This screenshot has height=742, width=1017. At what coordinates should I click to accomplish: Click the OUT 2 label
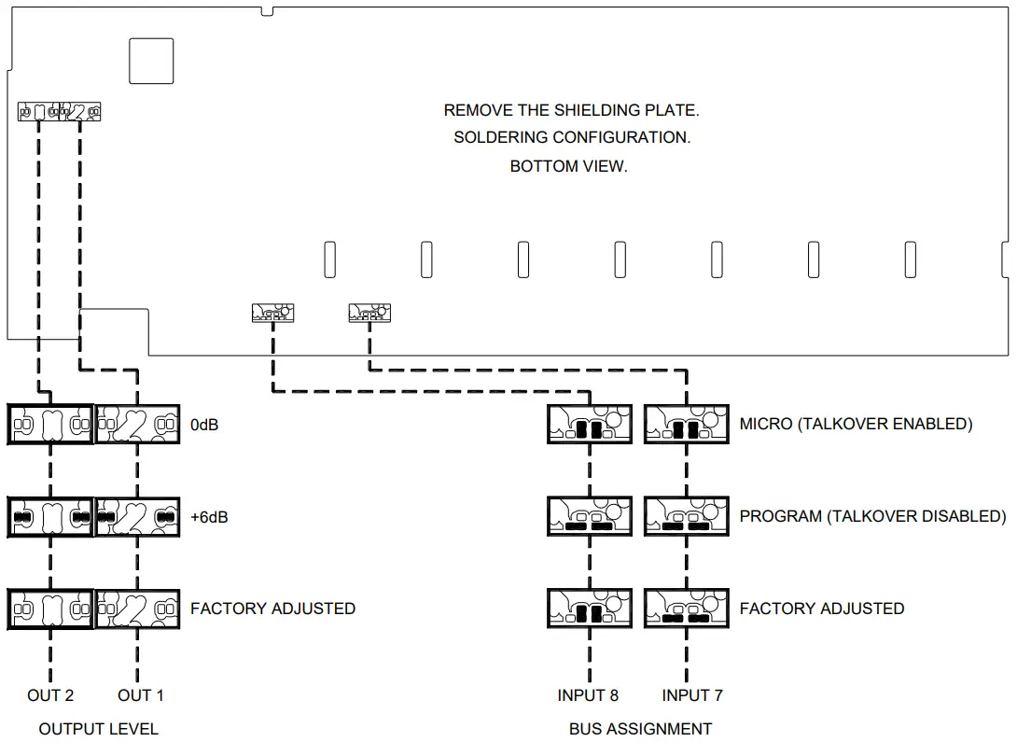(x=50, y=695)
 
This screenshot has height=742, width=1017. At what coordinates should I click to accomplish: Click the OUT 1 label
(x=140, y=695)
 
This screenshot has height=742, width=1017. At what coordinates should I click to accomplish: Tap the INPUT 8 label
(x=588, y=695)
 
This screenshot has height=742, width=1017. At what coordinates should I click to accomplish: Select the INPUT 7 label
(x=692, y=695)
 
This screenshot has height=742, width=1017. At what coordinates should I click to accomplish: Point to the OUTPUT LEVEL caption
(x=98, y=729)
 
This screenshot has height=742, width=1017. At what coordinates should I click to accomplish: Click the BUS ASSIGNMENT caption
(x=640, y=729)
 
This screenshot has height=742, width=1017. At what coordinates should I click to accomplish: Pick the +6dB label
(x=209, y=516)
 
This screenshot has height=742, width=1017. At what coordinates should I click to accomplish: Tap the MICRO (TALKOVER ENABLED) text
(x=856, y=424)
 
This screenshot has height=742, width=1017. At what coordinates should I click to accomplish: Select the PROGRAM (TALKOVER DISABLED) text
(x=872, y=516)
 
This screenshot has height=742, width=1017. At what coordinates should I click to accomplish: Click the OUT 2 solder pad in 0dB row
(x=50, y=424)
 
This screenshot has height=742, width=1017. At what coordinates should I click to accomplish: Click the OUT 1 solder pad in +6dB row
(x=138, y=516)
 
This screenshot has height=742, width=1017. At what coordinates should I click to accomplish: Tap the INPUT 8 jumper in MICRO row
(x=589, y=425)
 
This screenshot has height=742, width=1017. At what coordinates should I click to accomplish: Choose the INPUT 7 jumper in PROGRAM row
(x=686, y=516)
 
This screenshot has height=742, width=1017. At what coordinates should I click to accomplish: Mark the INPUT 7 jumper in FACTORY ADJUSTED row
(x=686, y=609)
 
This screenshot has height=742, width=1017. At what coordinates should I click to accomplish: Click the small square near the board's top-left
(x=151, y=61)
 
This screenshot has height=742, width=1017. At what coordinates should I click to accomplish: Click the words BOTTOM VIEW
(x=568, y=167)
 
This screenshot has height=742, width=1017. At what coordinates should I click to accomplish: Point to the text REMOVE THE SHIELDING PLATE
(x=571, y=110)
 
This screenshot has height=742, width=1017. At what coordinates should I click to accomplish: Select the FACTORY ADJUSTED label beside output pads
(x=272, y=609)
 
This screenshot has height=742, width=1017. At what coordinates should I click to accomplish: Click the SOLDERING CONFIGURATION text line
(x=571, y=138)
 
